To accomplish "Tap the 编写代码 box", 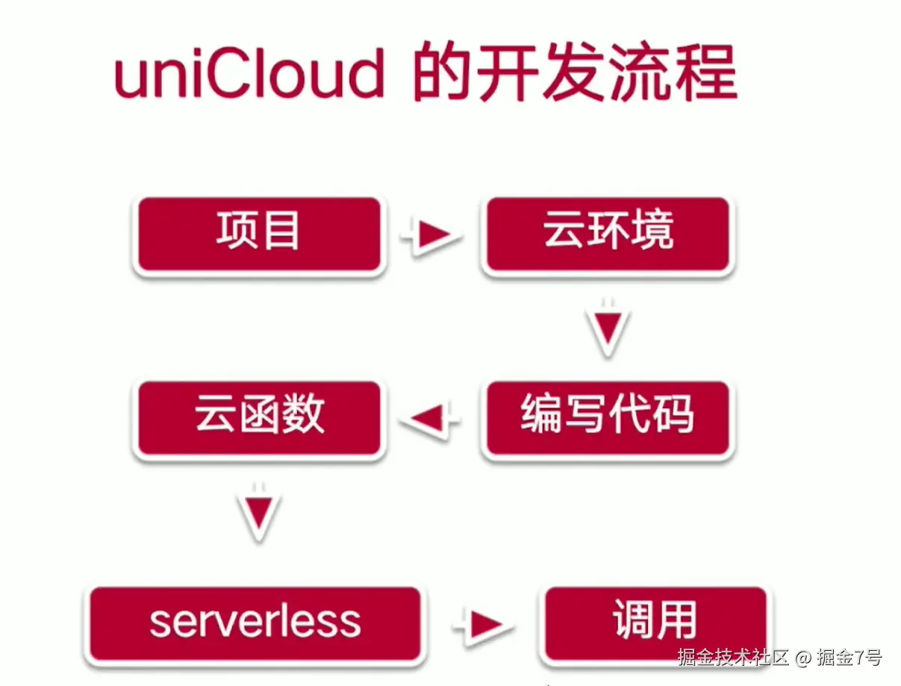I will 607,418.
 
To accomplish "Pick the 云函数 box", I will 258,418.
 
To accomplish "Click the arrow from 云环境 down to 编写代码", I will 608,328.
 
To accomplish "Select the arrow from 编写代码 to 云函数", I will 431,419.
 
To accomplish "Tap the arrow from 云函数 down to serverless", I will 259,514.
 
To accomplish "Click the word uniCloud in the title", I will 249,75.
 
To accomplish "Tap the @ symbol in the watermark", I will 802,658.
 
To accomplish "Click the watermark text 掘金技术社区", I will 733,658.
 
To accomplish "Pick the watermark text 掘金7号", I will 849,658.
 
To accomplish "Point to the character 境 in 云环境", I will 653,231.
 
